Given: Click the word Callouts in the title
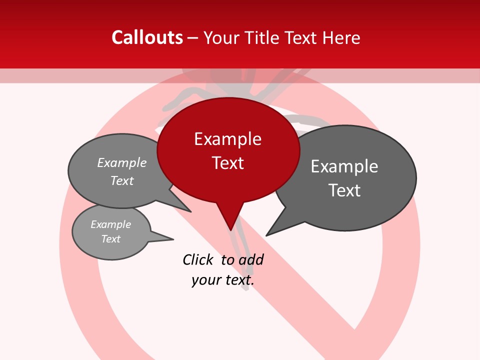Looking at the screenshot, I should pos(147,37).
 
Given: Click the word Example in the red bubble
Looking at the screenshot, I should pos(227,139).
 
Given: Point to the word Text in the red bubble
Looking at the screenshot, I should pos(227,163).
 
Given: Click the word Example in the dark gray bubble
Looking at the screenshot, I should pos(344,166).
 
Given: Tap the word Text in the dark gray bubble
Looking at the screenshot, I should pos(344,190).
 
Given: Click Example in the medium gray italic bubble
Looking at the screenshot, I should pos(122,162).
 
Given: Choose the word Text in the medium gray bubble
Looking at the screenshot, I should pos(122,180).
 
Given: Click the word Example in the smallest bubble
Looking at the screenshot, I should pos(110,224).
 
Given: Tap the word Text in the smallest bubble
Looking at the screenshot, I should pos(110,239).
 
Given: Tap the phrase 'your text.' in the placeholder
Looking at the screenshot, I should pos(223,280).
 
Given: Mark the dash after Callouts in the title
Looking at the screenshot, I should pos(193,38).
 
